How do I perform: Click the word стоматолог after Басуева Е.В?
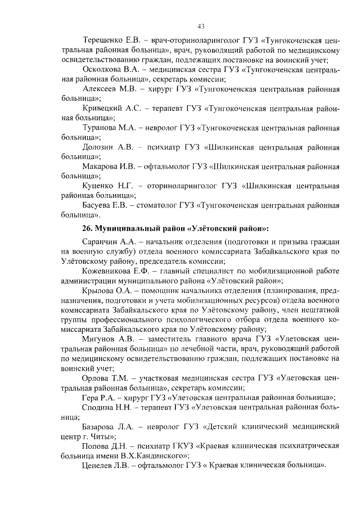[160, 205]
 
